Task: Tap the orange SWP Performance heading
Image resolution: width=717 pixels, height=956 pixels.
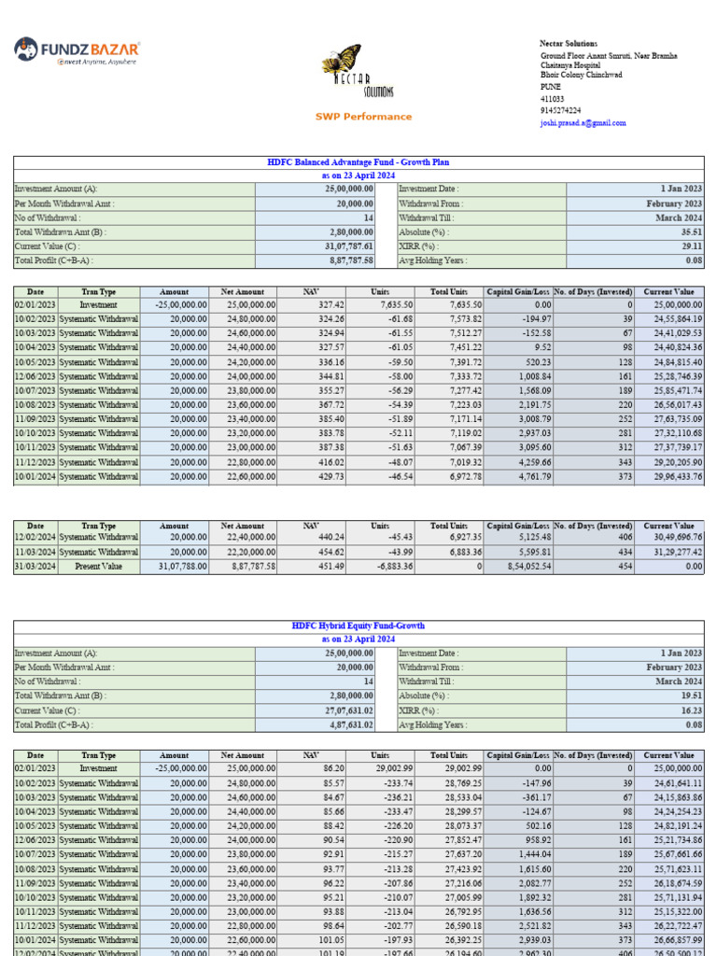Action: pos(363,117)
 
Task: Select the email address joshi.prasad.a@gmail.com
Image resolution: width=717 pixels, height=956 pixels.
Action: pos(583,123)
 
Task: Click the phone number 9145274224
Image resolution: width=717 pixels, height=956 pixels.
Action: pos(560,110)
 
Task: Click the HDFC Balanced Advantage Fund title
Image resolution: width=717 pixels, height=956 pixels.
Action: pos(358,162)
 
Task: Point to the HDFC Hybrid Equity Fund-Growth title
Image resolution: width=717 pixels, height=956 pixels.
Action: pos(358,626)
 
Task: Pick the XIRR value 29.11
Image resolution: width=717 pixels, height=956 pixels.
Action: pos(691,246)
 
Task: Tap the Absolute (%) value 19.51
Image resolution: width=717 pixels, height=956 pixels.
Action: pos(691,696)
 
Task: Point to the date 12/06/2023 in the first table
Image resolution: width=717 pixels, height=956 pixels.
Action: pos(35,376)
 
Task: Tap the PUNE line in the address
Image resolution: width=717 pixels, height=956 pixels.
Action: pos(551,87)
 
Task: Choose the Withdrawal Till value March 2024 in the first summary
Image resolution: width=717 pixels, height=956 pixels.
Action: pos(680,218)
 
